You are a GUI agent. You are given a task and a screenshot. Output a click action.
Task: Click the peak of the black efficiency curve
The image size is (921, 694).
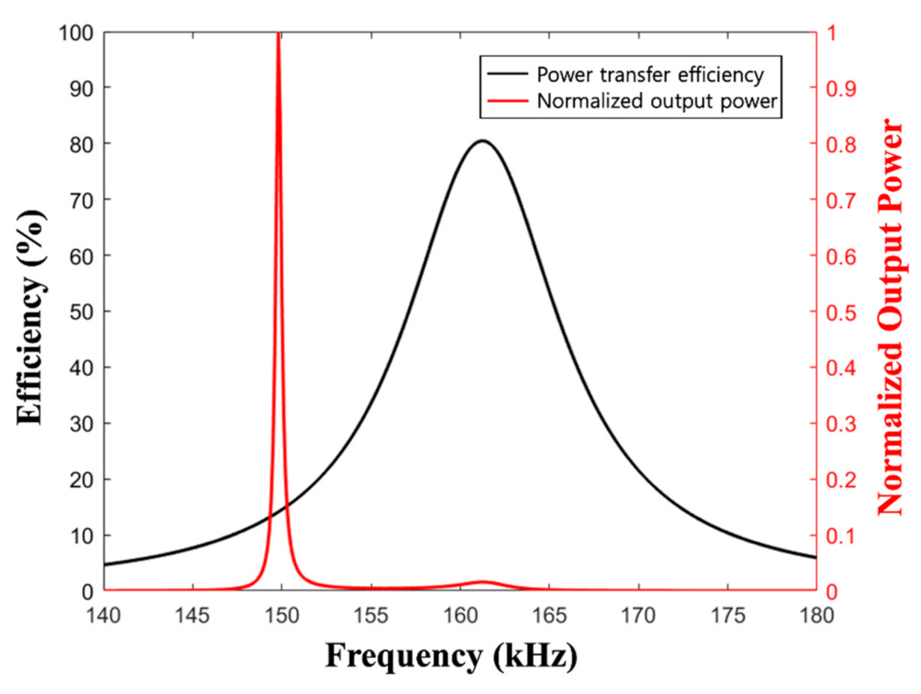pyautogui.click(x=482, y=141)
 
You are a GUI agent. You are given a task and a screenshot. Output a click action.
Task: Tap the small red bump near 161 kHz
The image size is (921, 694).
pyautogui.click(x=482, y=582)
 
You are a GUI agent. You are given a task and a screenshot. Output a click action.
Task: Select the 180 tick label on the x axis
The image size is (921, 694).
pyautogui.click(x=816, y=615)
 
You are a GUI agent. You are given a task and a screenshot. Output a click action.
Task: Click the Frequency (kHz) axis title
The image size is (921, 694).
pyautogui.click(x=451, y=656)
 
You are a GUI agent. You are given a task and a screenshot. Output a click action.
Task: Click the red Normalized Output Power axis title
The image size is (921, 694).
pyautogui.click(x=891, y=316)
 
